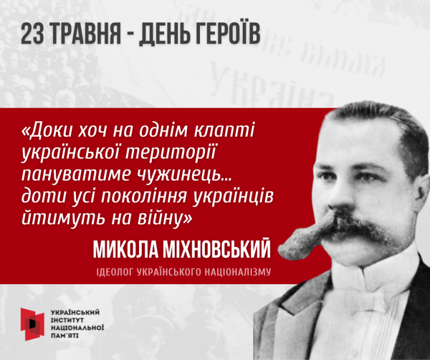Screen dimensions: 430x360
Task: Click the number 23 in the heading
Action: pyautogui.click(x=32, y=33)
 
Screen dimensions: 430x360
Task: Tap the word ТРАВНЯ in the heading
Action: pyautogui.click(x=86, y=33)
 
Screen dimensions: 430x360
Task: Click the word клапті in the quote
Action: pyautogui.click(x=224, y=129)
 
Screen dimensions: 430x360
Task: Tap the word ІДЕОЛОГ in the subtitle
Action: pyautogui.click(x=115, y=272)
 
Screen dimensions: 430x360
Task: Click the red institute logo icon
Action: pyautogui.click(x=32, y=324)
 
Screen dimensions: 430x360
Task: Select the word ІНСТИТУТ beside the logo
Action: pyautogui.click(x=67, y=320)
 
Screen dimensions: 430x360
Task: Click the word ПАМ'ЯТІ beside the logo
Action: pyautogui.click(x=65, y=335)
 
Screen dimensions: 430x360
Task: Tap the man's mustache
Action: pyautogui.click(x=337, y=233)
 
